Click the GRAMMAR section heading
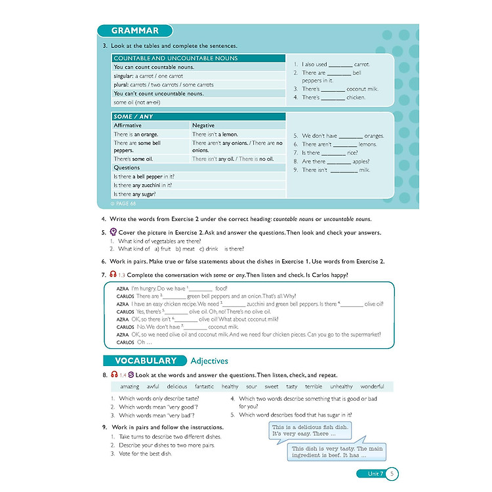134,31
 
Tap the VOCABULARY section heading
146,361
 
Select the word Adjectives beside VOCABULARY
209,361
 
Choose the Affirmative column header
128,125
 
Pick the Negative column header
203,125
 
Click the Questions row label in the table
127,167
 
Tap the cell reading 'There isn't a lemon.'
215,134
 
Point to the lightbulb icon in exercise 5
113,232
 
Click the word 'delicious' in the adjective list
177,386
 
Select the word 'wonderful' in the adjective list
372,386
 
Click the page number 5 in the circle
392,474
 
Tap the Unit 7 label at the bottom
371,474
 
